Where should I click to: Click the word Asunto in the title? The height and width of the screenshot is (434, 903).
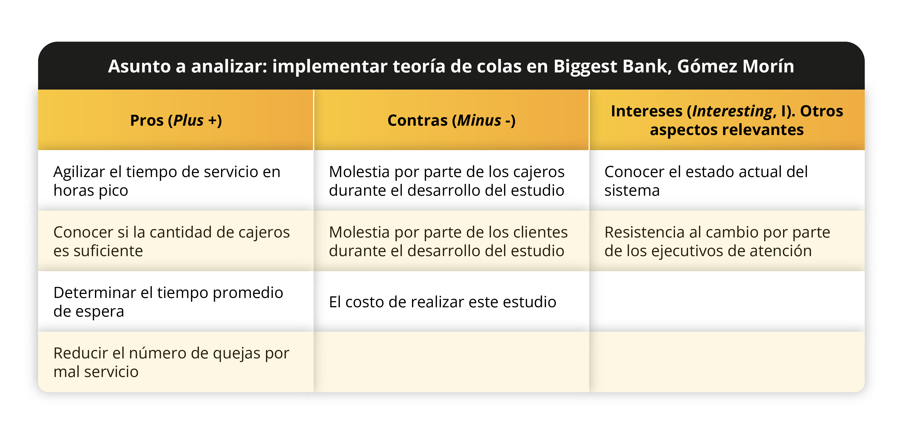click(139, 66)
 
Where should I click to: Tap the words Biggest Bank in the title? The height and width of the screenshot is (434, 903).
click(611, 67)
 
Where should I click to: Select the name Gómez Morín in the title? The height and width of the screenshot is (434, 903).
click(735, 66)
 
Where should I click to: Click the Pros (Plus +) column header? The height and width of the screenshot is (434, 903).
click(176, 120)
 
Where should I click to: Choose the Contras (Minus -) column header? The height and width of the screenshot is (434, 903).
click(452, 120)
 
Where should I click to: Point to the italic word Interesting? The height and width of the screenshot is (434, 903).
click(733, 111)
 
